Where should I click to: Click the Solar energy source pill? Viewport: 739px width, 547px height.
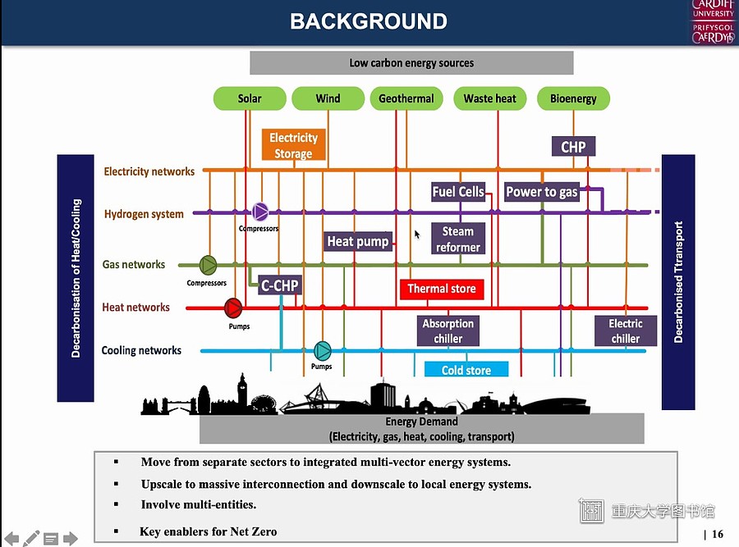tap(250, 98)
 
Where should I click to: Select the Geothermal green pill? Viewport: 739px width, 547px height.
tap(406, 98)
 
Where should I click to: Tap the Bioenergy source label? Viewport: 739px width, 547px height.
tap(573, 98)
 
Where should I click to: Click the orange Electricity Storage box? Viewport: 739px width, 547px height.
tap(294, 145)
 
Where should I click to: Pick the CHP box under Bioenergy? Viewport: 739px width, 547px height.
tap(573, 147)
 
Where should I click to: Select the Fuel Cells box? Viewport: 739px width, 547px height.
tap(458, 192)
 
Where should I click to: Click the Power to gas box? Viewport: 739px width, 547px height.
tap(542, 192)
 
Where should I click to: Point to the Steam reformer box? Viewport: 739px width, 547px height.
tap(458, 239)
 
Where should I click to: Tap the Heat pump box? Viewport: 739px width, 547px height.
tap(358, 241)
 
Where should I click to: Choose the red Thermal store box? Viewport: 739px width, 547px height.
tap(442, 289)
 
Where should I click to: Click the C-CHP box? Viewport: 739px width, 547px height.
tap(280, 285)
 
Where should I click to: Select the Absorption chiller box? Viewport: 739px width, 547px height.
tap(448, 331)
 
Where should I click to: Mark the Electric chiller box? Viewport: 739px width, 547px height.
tap(626, 331)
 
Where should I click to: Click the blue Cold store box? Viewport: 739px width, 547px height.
tap(466, 370)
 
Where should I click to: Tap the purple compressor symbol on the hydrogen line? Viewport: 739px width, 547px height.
tap(260, 212)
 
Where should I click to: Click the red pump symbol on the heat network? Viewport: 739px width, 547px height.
tap(233, 308)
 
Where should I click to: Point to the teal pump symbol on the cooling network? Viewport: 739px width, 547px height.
tap(323, 351)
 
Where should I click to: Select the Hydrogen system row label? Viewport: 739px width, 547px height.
tap(144, 214)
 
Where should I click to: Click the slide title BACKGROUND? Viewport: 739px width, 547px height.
tap(369, 21)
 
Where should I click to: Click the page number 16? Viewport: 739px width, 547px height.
tap(718, 534)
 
